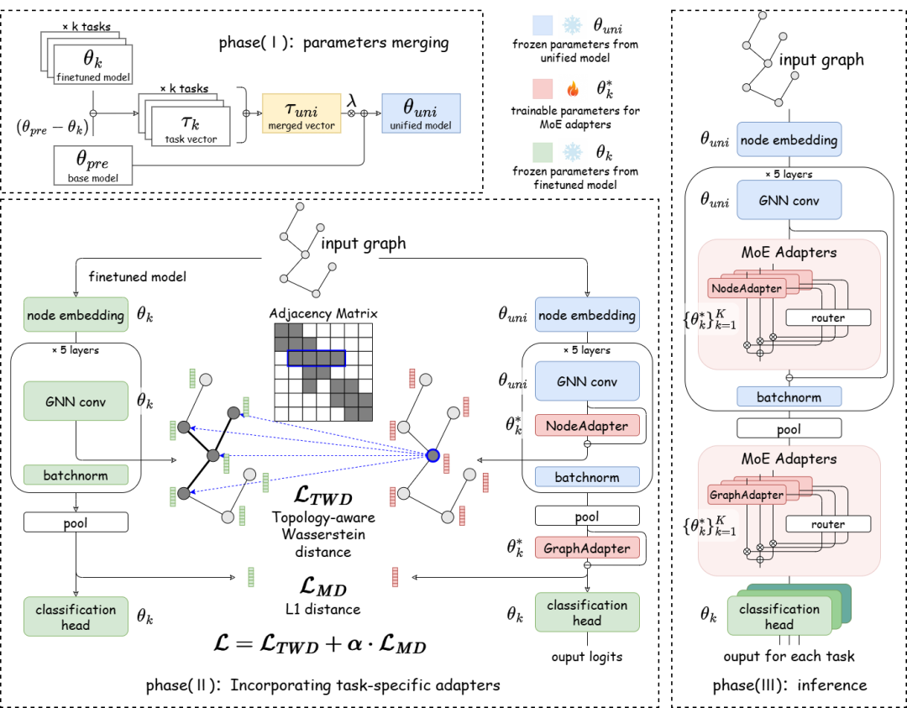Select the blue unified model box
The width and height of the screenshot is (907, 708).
pos(421,113)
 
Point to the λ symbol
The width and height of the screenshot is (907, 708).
pos(353,100)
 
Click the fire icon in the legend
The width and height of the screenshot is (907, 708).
pos(574,87)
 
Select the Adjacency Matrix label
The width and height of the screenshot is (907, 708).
pos(323,313)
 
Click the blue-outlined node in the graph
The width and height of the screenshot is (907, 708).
pos(433,455)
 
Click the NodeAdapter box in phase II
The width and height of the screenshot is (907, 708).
pos(587,426)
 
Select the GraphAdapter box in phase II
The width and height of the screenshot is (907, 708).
pos(587,548)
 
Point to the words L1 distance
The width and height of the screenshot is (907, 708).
pos(322,609)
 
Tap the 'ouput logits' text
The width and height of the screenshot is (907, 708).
pos(587,656)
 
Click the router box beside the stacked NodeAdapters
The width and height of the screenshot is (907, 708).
pos(827,317)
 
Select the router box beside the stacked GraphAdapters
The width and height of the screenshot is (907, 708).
pos(827,524)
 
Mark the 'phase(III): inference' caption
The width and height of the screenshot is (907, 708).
pos(789,685)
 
